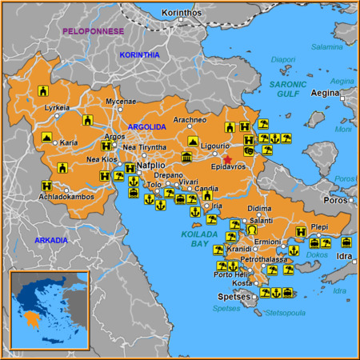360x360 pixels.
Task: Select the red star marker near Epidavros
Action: click(x=227, y=159)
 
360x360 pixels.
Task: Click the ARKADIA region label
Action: click(x=50, y=240)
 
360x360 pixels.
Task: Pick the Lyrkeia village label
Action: click(x=57, y=107)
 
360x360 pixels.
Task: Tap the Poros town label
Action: click(x=335, y=200)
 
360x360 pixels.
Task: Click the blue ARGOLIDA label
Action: click(x=146, y=127)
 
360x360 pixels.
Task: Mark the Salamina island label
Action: click(x=326, y=47)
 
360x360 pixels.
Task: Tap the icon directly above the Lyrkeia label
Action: click(x=43, y=93)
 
